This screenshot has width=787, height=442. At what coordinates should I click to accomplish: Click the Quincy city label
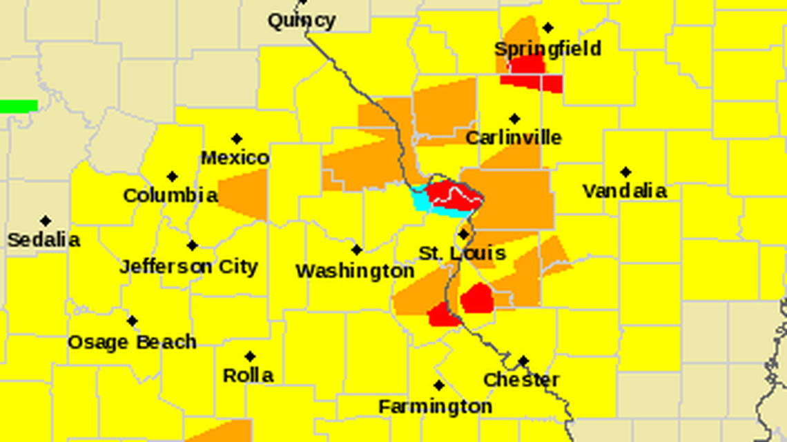pos(302,21)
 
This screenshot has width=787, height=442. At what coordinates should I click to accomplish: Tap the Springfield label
pos(547,49)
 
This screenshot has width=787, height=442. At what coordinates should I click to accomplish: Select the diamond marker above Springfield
pos(547,28)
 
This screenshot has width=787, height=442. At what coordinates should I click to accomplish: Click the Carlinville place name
pos(513,137)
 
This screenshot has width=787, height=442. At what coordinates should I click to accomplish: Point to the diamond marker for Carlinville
pos(514,119)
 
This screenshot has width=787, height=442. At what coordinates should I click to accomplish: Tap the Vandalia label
pos(624,191)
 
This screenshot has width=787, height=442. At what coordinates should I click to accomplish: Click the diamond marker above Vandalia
pos(625,172)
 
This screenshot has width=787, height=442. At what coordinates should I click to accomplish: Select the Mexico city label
pos(235,158)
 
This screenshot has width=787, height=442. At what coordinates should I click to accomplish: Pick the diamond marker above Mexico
pos(237,139)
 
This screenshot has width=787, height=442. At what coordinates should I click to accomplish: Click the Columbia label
pos(170,196)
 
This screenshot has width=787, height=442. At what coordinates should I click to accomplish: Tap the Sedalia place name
pos(43,240)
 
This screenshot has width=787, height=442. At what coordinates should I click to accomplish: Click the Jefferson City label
pos(188,266)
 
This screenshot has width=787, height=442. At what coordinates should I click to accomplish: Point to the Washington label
pos(355,271)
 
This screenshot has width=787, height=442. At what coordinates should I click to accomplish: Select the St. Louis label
pos(463,254)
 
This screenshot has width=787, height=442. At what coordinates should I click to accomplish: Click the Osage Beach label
pos(132,342)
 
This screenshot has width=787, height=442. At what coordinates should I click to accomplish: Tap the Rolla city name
pos(248,376)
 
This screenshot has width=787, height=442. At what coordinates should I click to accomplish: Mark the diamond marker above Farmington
pos(438,385)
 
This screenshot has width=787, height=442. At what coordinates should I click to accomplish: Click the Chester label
pos(521,380)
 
